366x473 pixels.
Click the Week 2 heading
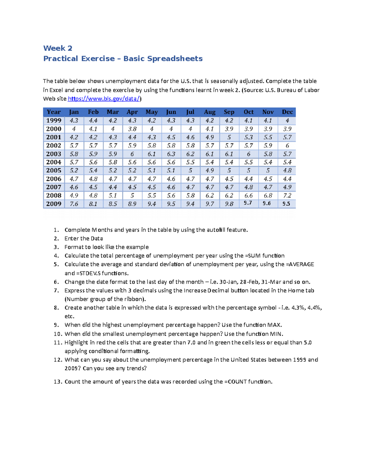point(58,48)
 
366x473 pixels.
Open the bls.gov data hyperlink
point(104,99)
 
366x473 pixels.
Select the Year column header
point(54,112)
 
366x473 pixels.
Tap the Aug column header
point(210,112)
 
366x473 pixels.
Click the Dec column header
point(287,112)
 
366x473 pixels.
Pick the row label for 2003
point(54,154)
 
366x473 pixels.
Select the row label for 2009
point(54,204)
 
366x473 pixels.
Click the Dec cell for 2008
point(287,196)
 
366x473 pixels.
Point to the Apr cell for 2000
point(132,129)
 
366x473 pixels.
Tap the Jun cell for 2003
point(171,154)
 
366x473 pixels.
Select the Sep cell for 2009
point(229,204)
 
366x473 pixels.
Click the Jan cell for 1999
point(74,121)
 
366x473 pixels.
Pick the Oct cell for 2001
point(248,137)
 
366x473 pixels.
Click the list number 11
point(57,342)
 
